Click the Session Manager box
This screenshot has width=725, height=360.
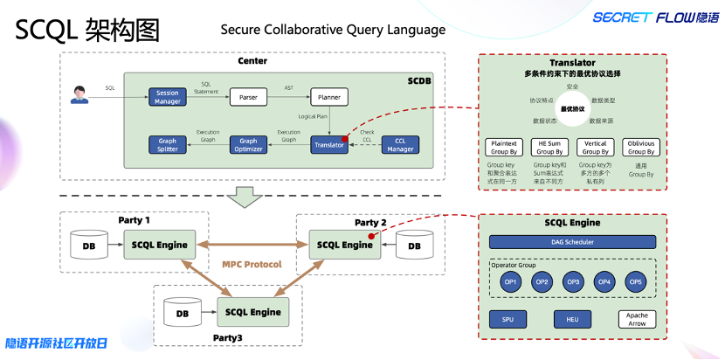point(168,96)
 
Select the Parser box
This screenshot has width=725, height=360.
point(248,96)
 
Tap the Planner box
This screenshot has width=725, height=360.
point(328,96)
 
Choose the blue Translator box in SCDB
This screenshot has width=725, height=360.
point(328,145)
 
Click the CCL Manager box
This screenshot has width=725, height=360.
point(401,145)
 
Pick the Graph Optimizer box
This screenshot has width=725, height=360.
point(248,145)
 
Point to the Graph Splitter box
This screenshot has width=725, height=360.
point(168,145)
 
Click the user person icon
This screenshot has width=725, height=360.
point(80,94)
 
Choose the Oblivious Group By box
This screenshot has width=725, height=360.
point(643,147)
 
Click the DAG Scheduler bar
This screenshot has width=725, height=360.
point(573,240)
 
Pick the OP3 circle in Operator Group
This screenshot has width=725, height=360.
point(573,281)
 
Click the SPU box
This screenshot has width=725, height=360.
point(507,320)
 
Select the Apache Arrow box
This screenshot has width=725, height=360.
point(637,320)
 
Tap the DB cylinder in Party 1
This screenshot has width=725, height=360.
point(89,245)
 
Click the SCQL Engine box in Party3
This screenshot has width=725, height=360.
point(253,312)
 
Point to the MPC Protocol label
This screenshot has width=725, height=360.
point(252,264)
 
